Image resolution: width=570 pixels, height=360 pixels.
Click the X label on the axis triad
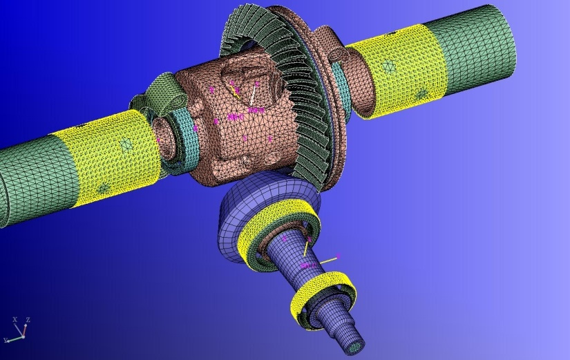15,319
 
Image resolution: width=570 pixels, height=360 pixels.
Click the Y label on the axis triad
6,339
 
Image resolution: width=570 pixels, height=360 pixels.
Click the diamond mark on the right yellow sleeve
388,67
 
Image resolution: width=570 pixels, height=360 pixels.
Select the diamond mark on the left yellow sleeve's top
126,145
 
